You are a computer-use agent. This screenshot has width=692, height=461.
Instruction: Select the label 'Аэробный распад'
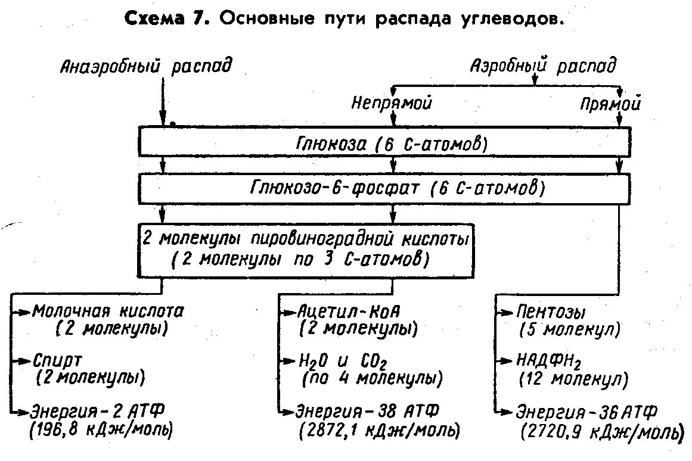click(x=543, y=66)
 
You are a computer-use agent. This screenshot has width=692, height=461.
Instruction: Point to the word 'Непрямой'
click(x=391, y=104)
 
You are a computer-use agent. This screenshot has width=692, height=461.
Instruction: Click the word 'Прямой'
click(x=610, y=105)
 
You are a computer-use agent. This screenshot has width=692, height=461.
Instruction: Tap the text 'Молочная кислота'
click(x=108, y=312)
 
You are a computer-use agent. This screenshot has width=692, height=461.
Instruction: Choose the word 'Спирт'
click(x=58, y=361)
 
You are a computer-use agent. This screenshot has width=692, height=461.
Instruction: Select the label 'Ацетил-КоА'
click(x=349, y=312)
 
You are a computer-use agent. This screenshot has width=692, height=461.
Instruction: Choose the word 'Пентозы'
click(x=552, y=312)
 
